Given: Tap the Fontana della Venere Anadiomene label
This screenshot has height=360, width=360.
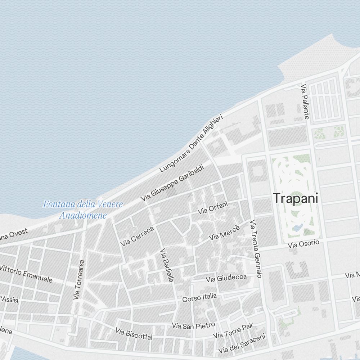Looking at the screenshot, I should click(x=83, y=210).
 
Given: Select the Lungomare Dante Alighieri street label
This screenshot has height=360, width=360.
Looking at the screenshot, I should click(x=192, y=143).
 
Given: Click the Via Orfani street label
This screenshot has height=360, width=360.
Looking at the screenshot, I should click(x=213, y=208).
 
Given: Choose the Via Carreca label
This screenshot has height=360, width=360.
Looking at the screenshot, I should click(x=137, y=236).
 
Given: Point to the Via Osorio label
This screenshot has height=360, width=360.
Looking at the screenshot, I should click(x=303, y=244).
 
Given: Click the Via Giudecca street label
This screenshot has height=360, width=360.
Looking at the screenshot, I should click(x=226, y=278).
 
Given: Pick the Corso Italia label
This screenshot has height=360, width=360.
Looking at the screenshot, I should click(x=199, y=297).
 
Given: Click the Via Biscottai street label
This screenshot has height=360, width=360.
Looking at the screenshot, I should click(x=134, y=334).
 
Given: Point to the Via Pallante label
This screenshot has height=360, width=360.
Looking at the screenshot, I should click(x=305, y=102).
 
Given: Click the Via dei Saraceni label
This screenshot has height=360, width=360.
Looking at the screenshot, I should click(x=242, y=343).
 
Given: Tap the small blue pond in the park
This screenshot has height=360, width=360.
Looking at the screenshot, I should click(x=298, y=228).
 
